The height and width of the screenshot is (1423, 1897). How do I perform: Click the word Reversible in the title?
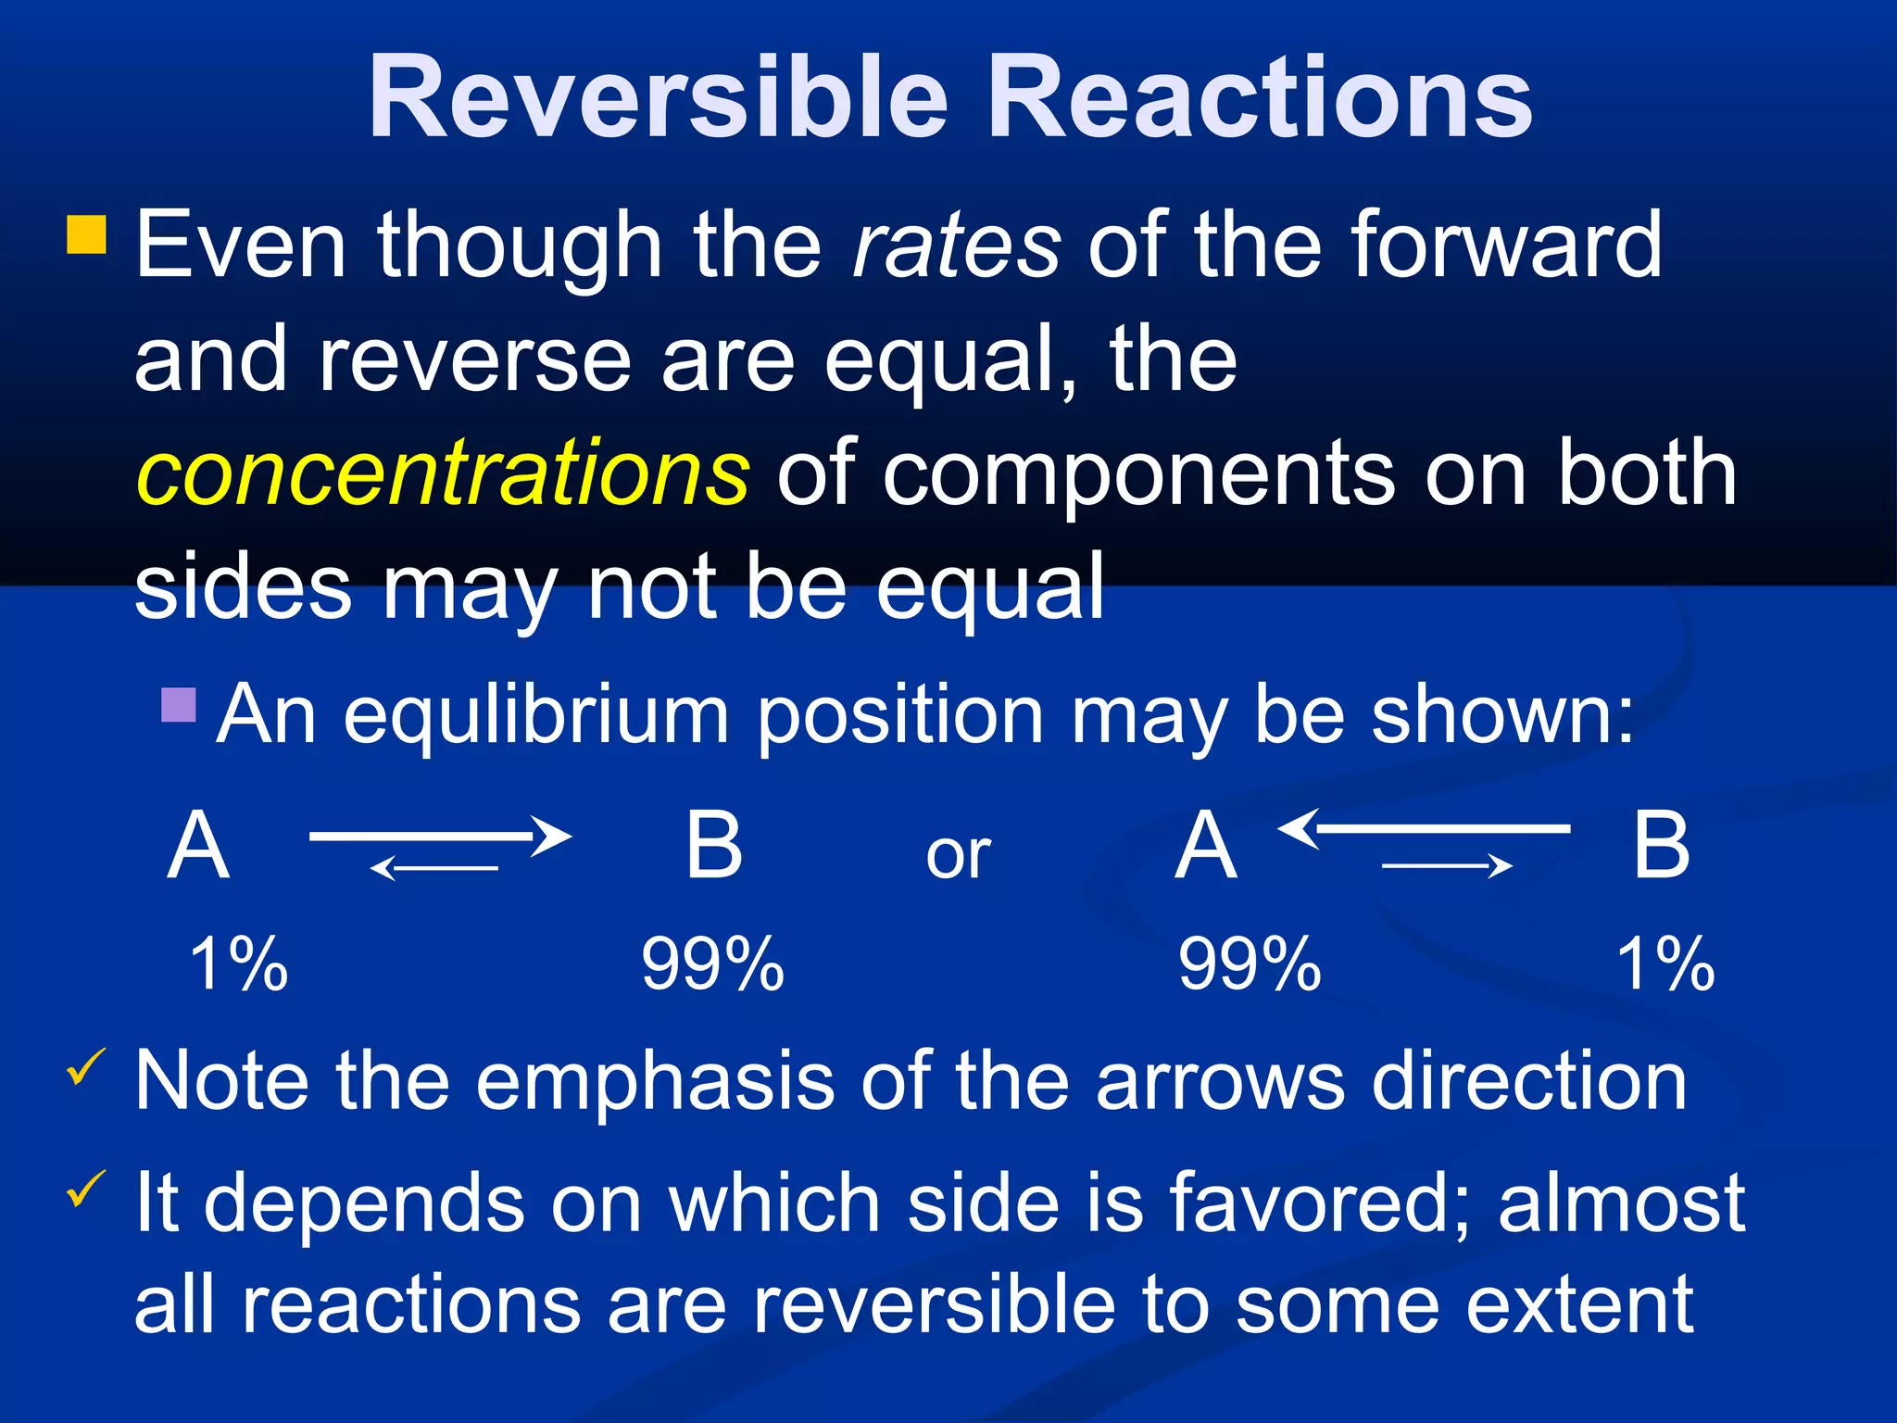tap(659, 97)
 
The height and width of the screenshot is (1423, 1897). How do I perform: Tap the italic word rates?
tap(956, 246)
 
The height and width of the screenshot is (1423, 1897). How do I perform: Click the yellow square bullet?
tap(87, 235)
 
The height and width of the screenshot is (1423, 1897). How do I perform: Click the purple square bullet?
tap(179, 705)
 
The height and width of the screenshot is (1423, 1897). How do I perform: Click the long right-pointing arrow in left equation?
tap(439, 836)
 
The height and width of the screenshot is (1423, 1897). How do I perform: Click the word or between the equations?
tap(958, 856)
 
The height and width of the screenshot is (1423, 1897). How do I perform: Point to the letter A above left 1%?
tap(198, 846)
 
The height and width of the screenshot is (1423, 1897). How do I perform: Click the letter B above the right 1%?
tap(1661, 846)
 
